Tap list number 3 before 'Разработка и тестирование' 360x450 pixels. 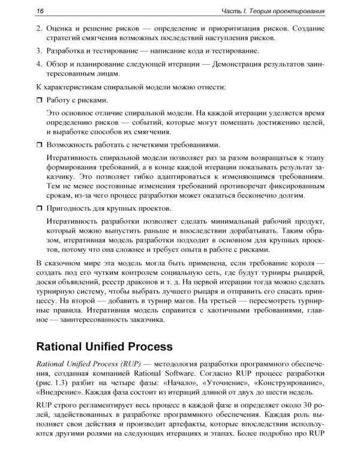coord(39,50)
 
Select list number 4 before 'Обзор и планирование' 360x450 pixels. coord(39,63)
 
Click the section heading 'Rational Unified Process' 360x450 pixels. coord(104,347)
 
